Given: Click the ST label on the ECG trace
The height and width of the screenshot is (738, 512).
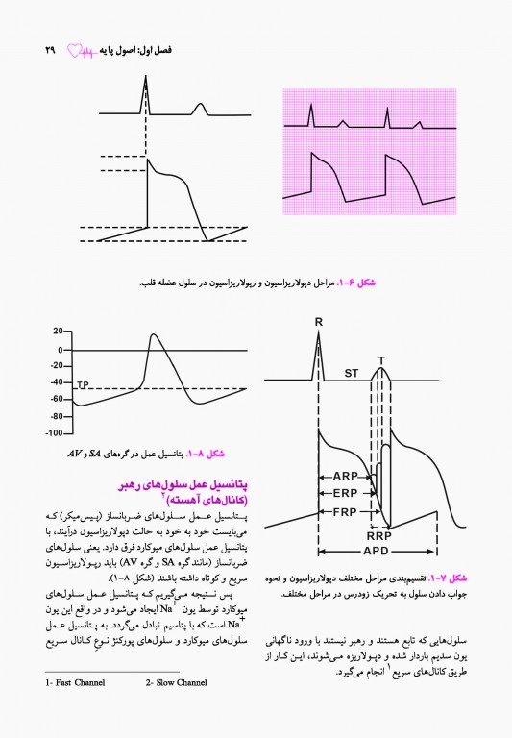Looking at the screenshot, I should coord(352,372).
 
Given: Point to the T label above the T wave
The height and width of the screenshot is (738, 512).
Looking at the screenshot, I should coord(381,361).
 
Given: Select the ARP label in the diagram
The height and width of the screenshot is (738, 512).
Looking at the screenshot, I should coord(345,476).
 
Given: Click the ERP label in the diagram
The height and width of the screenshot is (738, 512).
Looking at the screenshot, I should coord(345,493).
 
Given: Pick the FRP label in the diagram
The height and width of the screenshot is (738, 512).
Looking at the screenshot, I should coord(345,510).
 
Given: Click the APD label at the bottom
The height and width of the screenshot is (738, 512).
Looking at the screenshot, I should coord(376,552).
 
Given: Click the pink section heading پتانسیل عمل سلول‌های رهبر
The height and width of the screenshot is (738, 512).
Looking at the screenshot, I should coord(184,488).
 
